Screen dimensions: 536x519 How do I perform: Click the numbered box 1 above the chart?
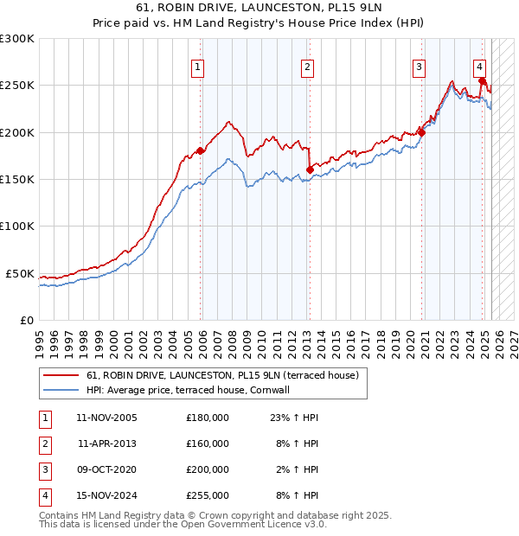click(x=198, y=67)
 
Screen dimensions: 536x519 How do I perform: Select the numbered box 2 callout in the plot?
click(x=307, y=67)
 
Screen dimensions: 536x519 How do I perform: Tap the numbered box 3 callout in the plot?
click(x=419, y=67)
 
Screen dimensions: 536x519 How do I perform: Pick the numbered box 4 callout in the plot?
click(x=478, y=67)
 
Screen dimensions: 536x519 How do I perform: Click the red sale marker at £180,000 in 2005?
click(x=201, y=150)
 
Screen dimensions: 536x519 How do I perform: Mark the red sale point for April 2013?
click(x=310, y=169)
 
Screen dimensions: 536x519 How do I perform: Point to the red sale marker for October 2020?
click(x=421, y=132)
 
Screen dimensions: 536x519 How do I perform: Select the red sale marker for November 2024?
click(x=482, y=81)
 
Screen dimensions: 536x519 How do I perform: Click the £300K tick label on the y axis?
click(x=17, y=39)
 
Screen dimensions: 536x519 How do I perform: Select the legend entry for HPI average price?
click(x=187, y=390)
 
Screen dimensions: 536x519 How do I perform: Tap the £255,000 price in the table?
click(x=208, y=495)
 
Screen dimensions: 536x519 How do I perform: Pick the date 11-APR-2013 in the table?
click(x=106, y=443)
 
